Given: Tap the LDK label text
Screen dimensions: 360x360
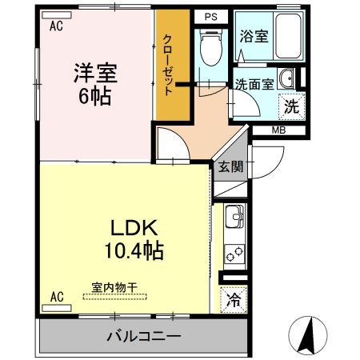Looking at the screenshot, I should [x=133, y=226].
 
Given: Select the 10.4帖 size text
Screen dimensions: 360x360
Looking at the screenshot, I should [x=133, y=251].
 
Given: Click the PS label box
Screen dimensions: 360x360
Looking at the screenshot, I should [x=210, y=16].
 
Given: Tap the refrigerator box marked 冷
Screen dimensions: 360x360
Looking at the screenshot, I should [x=234, y=301].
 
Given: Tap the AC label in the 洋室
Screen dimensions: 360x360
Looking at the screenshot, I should [x=56, y=25].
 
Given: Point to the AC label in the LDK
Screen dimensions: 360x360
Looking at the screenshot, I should [x=56, y=297].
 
